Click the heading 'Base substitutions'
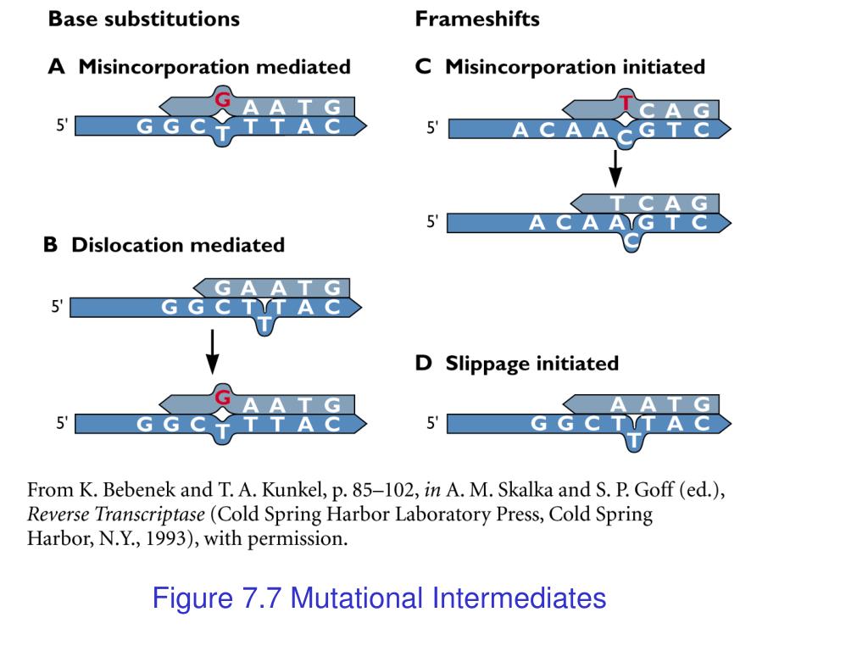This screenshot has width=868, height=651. click(x=144, y=19)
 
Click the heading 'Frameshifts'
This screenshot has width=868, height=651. click(x=477, y=19)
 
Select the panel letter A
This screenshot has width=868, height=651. click(x=56, y=67)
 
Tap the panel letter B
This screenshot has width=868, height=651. click(x=51, y=245)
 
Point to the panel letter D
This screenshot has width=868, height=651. click(x=423, y=364)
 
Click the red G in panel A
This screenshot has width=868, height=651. click(x=223, y=99)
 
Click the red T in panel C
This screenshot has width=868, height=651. click(x=626, y=103)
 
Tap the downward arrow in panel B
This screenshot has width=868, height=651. click(x=213, y=351)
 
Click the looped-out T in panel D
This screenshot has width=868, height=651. click(x=633, y=440)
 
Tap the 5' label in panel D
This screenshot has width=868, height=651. click(x=433, y=424)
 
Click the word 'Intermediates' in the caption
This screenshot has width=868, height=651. click(x=520, y=599)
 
